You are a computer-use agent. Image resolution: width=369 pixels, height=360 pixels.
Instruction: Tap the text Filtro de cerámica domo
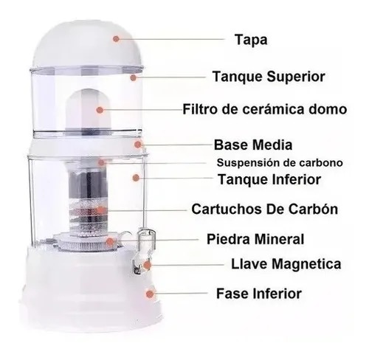[x=263, y=110]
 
